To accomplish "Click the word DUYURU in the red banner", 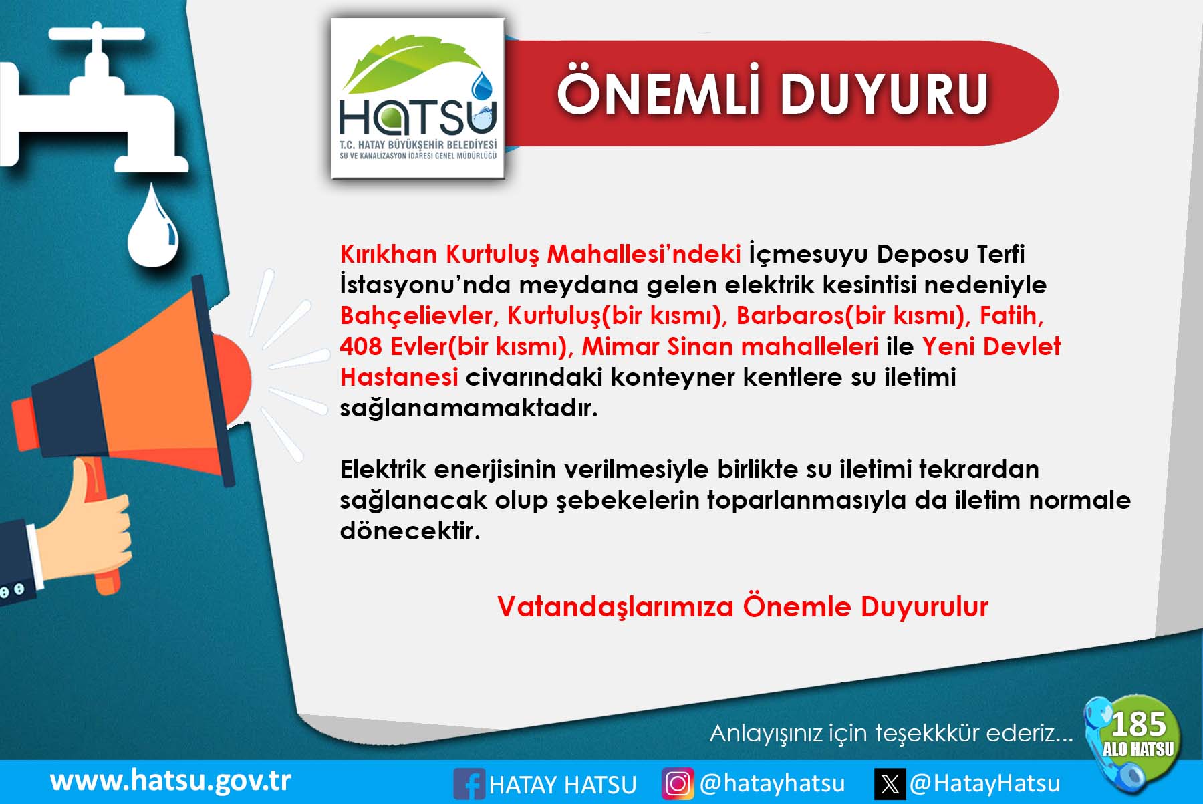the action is point(884,94).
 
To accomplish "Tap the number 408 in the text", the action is point(361,346).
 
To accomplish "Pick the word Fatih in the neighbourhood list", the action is point(1011,316).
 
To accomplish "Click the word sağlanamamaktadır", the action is point(469,408).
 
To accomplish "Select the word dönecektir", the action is point(410,531).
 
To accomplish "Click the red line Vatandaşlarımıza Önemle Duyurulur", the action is point(743,607).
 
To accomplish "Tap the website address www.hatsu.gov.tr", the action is point(170,781).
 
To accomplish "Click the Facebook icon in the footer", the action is point(469,783).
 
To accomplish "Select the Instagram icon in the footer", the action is point(678,783).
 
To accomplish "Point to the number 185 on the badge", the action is point(1138,725).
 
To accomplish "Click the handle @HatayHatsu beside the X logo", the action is point(984,783).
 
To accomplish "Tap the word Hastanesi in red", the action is point(399,378).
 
